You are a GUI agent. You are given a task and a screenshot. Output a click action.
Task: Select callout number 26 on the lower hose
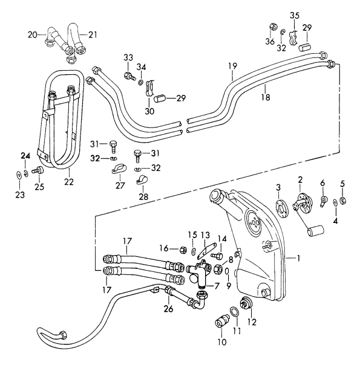pyautogui.click(x=168, y=309)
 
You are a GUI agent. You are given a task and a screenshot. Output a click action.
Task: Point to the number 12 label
pyautogui.click(x=252, y=322)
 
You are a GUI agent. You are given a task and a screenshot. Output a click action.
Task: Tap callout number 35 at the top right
pyautogui.click(x=294, y=15)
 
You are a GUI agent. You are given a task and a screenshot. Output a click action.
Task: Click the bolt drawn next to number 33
pyautogui.click(x=129, y=76)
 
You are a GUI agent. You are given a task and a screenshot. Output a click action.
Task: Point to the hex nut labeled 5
pyautogui.click(x=341, y=200)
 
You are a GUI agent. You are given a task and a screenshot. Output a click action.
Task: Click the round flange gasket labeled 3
pyautogui.click(x=281, y=205)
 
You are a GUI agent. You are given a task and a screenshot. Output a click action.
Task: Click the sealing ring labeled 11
pyautogui.click(x=233, y=314)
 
